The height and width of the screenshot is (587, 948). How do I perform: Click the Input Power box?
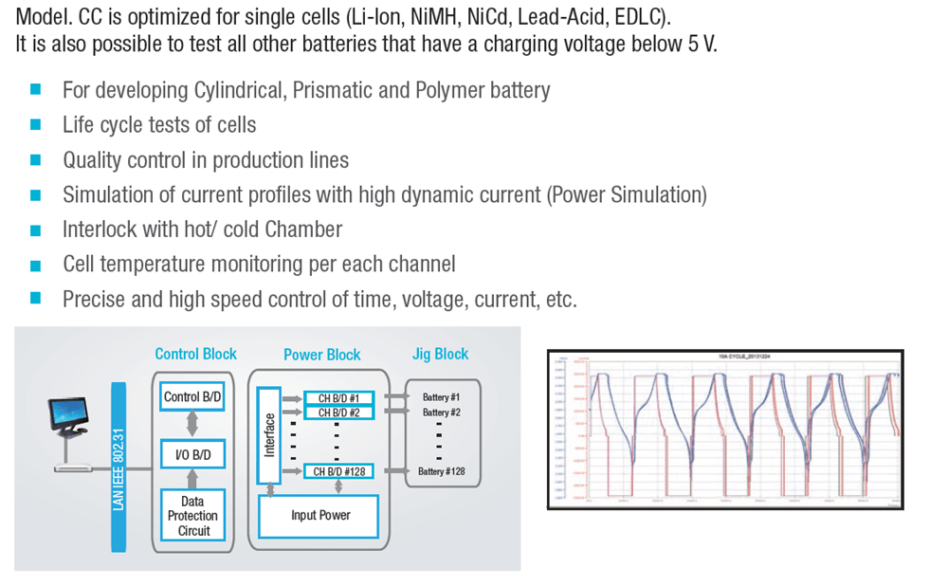tap(319, 516)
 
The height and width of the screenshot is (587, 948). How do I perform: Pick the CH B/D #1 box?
tap(339, 397)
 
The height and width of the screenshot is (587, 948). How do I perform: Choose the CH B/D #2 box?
tap(339, 413)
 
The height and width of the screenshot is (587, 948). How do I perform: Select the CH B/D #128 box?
tap(339, 470)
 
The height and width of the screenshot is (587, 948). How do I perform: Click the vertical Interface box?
tap(270, 435)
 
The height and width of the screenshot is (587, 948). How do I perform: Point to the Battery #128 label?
tap(441, 471)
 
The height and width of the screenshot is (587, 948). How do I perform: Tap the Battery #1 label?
tap(441, 397)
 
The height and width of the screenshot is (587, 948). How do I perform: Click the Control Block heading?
tap(196, 354)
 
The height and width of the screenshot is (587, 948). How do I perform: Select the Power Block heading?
tap(321, 355)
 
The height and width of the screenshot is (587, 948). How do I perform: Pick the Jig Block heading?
tap(440, 354)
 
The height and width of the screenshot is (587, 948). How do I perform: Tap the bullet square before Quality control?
tap(36, 159)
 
